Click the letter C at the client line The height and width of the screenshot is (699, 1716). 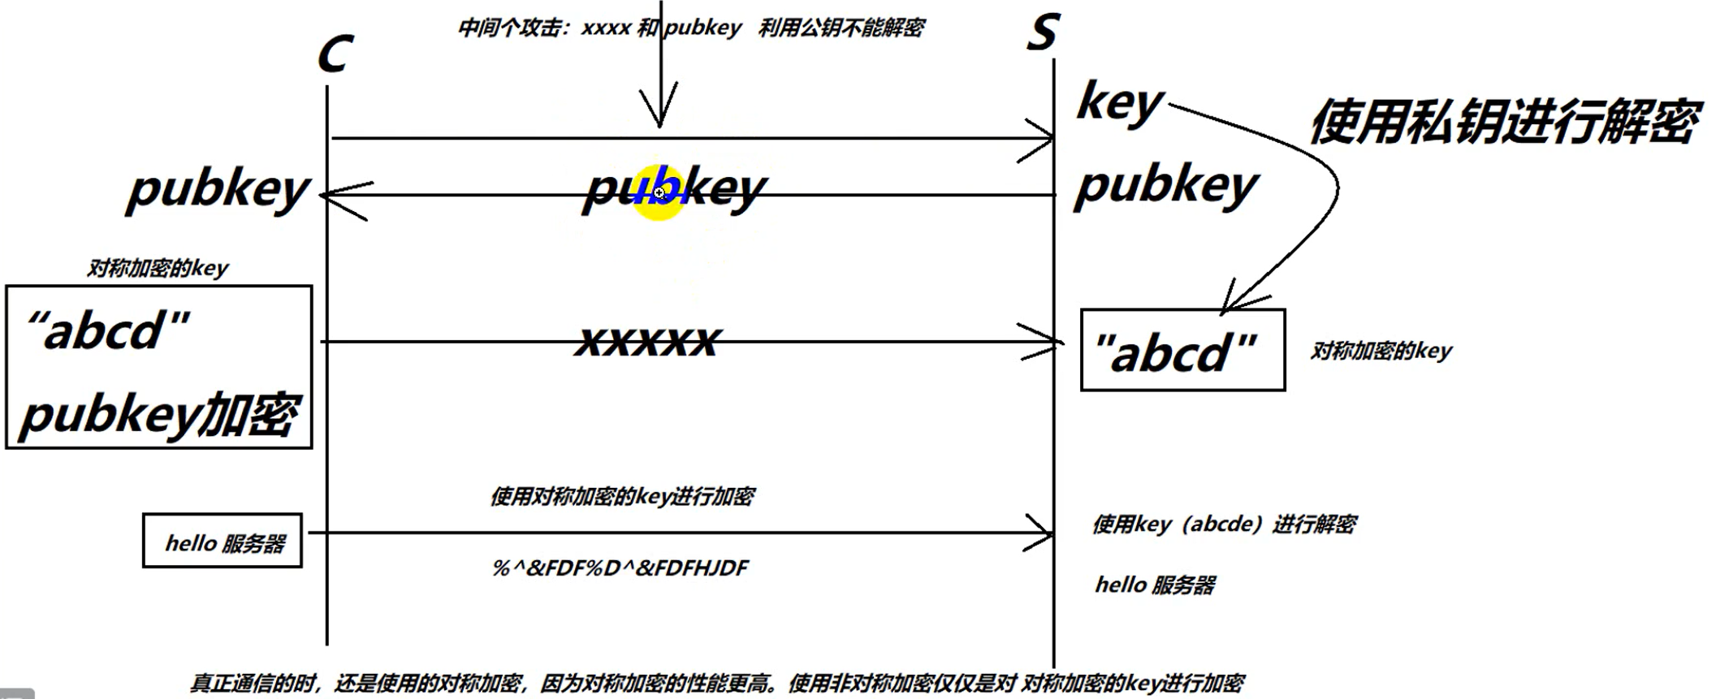[x=335, y=55]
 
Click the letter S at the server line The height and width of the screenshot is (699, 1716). [x=1043, y=32]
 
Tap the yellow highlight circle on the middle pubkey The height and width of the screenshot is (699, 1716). [x=659, y=193]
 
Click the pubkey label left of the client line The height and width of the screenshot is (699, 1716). [x=218, y=190]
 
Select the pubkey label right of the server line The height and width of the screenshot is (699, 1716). [x=1166, y=186]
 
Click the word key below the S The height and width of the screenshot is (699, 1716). [x=1120, y=104]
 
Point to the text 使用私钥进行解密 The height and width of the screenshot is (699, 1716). [x=1504, y=122]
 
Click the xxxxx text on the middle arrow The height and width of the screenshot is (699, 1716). [x=647, y=341]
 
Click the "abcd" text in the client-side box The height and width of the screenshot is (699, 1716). [x=108, y=331]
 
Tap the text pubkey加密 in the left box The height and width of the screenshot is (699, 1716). [x=159, y=415]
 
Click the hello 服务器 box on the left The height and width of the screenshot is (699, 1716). [x=223, y=542]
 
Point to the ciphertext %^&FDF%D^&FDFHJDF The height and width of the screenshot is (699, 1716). [x=620, y=567]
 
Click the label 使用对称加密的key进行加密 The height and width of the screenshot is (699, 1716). [x=622, y=496]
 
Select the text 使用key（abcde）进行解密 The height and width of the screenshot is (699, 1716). [x=1224, y=524]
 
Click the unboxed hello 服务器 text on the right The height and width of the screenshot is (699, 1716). [x=1155, y=585]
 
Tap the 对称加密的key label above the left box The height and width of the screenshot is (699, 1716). [x=158, y=268]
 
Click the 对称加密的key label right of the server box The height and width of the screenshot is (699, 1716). [x=1381, y=351]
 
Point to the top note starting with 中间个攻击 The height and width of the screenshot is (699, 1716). [x=690, y=28]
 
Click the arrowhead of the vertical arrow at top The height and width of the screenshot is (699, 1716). [x=659, y=118]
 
